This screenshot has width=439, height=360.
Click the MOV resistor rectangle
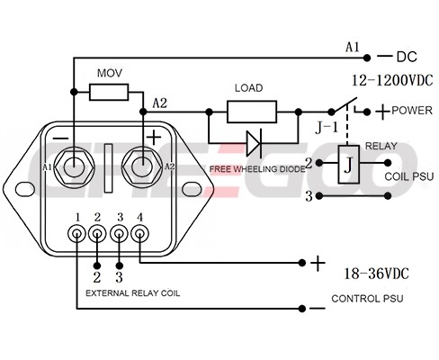coord(109,92)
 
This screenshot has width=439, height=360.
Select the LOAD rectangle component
coord(252,112)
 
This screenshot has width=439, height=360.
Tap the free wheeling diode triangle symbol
coord(254,143)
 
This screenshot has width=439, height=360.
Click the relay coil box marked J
coord(349,165)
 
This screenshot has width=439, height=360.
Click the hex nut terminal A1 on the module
coord(74,166)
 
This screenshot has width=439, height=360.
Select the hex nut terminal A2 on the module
coord(143,166)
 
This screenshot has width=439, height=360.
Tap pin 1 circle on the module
coord(77,233)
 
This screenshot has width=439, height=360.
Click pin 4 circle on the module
coord(139,233)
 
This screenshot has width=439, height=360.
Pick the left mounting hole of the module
coord(24,189)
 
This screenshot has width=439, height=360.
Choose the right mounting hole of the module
coord(192,189)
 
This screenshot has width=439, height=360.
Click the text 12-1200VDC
coord(392,80)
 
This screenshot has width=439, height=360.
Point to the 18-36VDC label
coord(376,274)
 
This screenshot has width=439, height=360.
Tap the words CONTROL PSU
coord(367,299)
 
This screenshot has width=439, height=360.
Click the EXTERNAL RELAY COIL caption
coord(133,293)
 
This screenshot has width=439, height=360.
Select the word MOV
coord(110,73)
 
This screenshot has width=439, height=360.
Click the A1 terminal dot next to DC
coord(367,58)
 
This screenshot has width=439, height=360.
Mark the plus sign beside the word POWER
coord(383,112)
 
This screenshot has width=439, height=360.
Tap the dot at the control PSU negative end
coord(302,309)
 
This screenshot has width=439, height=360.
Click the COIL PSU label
coord(409,176)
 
